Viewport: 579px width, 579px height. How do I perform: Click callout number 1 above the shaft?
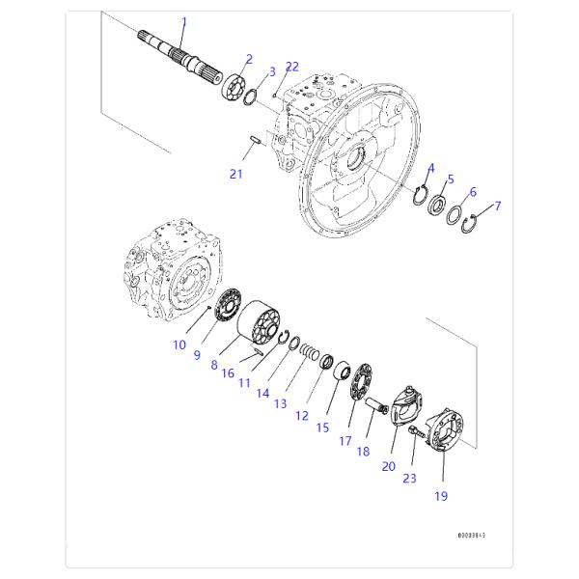pos(184,21)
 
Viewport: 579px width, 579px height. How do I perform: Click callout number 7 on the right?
pos(498,206)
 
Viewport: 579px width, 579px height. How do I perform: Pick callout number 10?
pos(179,345)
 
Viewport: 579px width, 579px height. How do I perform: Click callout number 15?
pos(322,427)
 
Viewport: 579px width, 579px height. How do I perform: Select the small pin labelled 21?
pos(256,142)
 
